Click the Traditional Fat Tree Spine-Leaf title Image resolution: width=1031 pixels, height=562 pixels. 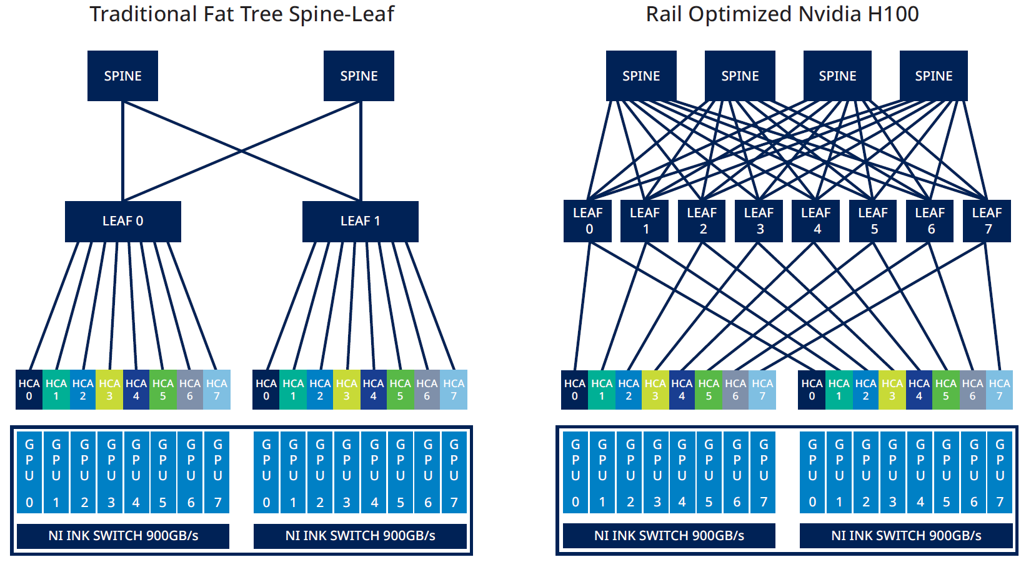(242, 14)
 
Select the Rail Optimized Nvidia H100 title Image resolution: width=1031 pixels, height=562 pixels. (782, 14)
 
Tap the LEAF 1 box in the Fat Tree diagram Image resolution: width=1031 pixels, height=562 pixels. (360, 221)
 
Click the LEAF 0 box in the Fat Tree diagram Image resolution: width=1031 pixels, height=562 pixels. (122, 221)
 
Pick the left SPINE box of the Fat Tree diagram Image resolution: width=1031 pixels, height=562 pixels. (122, 76)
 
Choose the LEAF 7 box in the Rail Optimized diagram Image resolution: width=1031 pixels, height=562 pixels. (987, 220)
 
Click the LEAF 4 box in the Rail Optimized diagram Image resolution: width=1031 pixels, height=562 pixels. (815, 220)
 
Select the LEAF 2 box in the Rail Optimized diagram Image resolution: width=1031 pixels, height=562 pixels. (702, 220)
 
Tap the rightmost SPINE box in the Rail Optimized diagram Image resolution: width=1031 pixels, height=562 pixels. (934, 76)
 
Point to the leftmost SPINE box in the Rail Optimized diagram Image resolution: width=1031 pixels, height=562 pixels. (641, 76)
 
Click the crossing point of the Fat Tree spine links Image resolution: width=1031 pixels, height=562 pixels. (241, 151)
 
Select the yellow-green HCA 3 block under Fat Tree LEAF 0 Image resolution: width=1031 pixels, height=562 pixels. (109, 390)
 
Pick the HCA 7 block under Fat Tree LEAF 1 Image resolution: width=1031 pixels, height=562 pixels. (454, 390)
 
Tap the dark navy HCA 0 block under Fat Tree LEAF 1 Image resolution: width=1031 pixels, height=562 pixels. (266, 390)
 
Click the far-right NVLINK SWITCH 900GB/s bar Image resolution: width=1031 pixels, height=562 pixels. (906, 536)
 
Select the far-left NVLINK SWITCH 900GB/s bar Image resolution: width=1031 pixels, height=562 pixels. (123, 536)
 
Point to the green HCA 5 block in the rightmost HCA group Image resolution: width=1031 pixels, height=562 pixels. (945, 390)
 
